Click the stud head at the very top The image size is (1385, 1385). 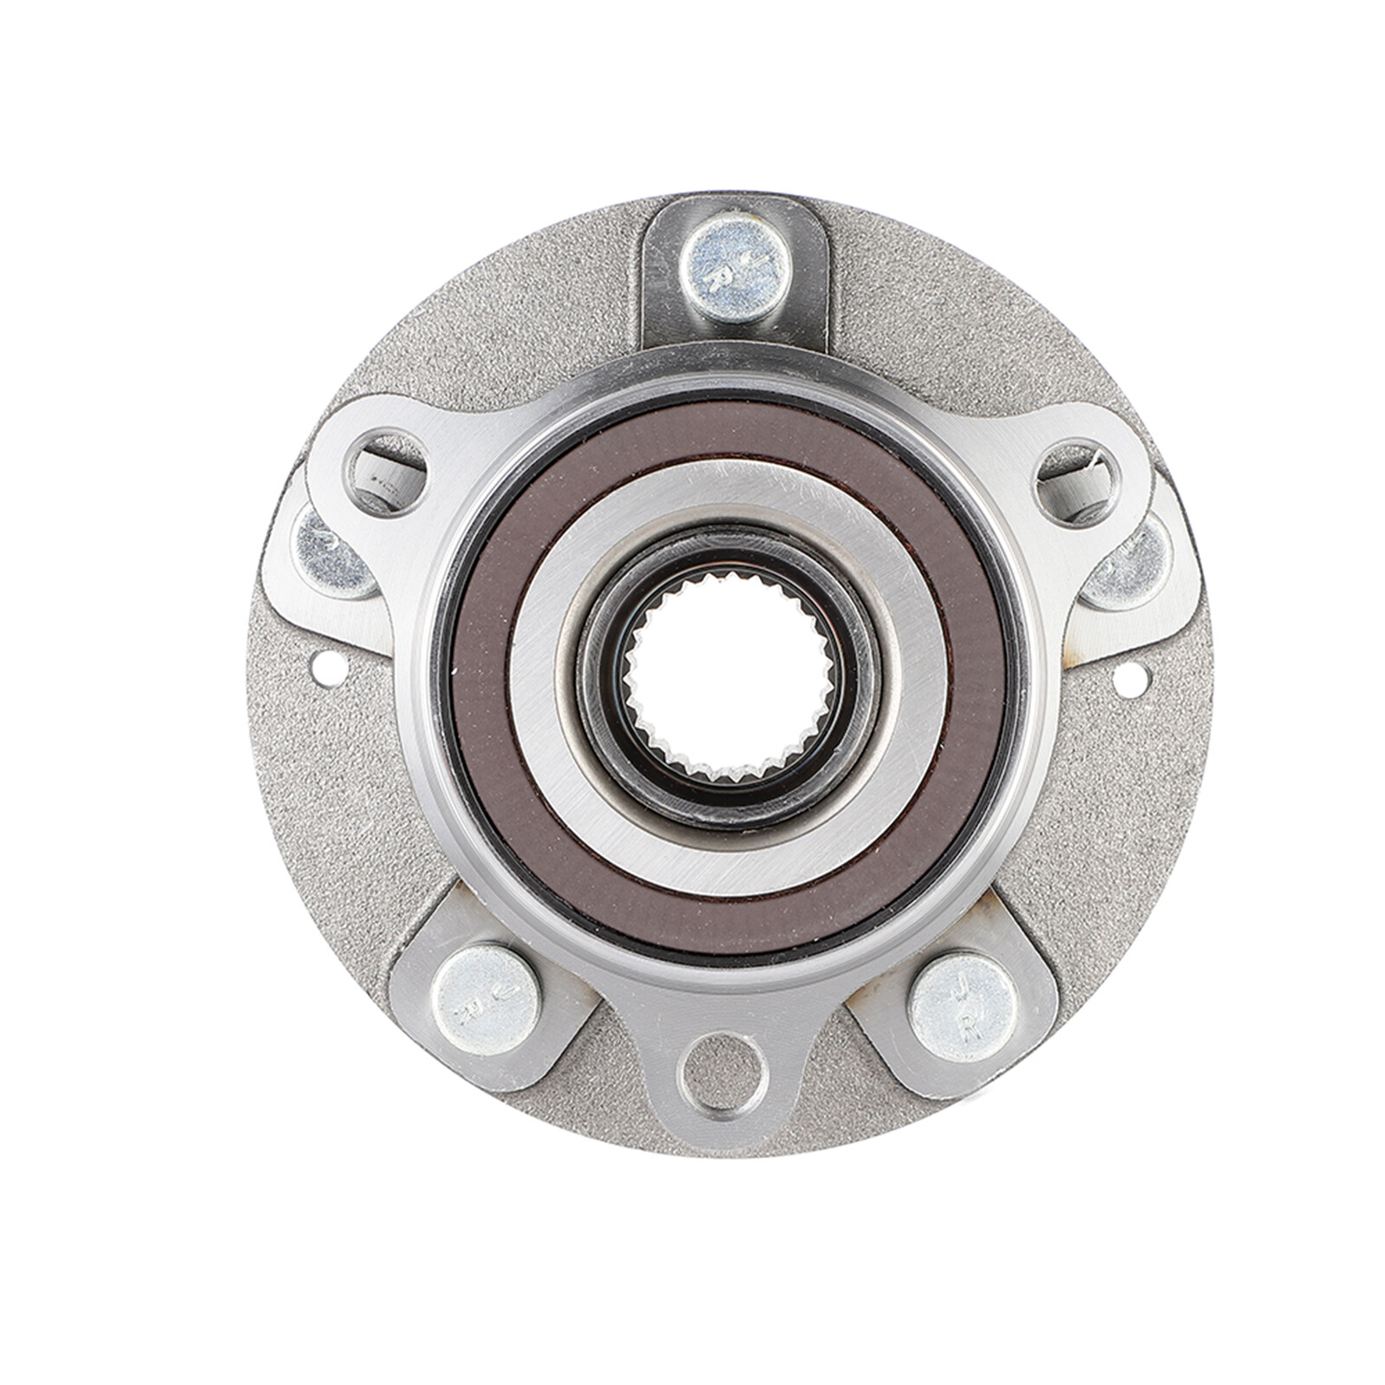click(x=735, y=266)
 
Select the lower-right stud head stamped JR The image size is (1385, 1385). click(x=963, y=1007)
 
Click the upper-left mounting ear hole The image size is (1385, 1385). click(x=384, y=472)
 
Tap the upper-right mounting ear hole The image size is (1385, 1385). click(x=1078, y=481)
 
